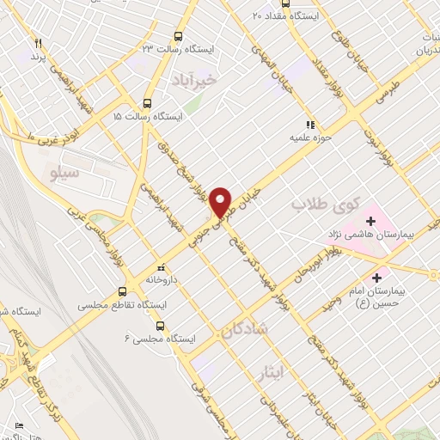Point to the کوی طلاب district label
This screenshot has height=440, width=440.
click(316, 205)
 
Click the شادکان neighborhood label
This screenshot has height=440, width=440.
click(247, 329)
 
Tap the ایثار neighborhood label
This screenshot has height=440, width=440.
click(272, 372)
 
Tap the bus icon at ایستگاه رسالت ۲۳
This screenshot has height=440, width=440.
click(179, 35)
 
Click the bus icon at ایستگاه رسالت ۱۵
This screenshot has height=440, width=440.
click(148, 100)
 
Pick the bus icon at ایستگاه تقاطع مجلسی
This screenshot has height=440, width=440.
click(122, 290)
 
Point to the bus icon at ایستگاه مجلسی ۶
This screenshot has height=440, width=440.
click(161, 325)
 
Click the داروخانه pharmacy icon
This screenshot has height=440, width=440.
click(159, 267)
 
